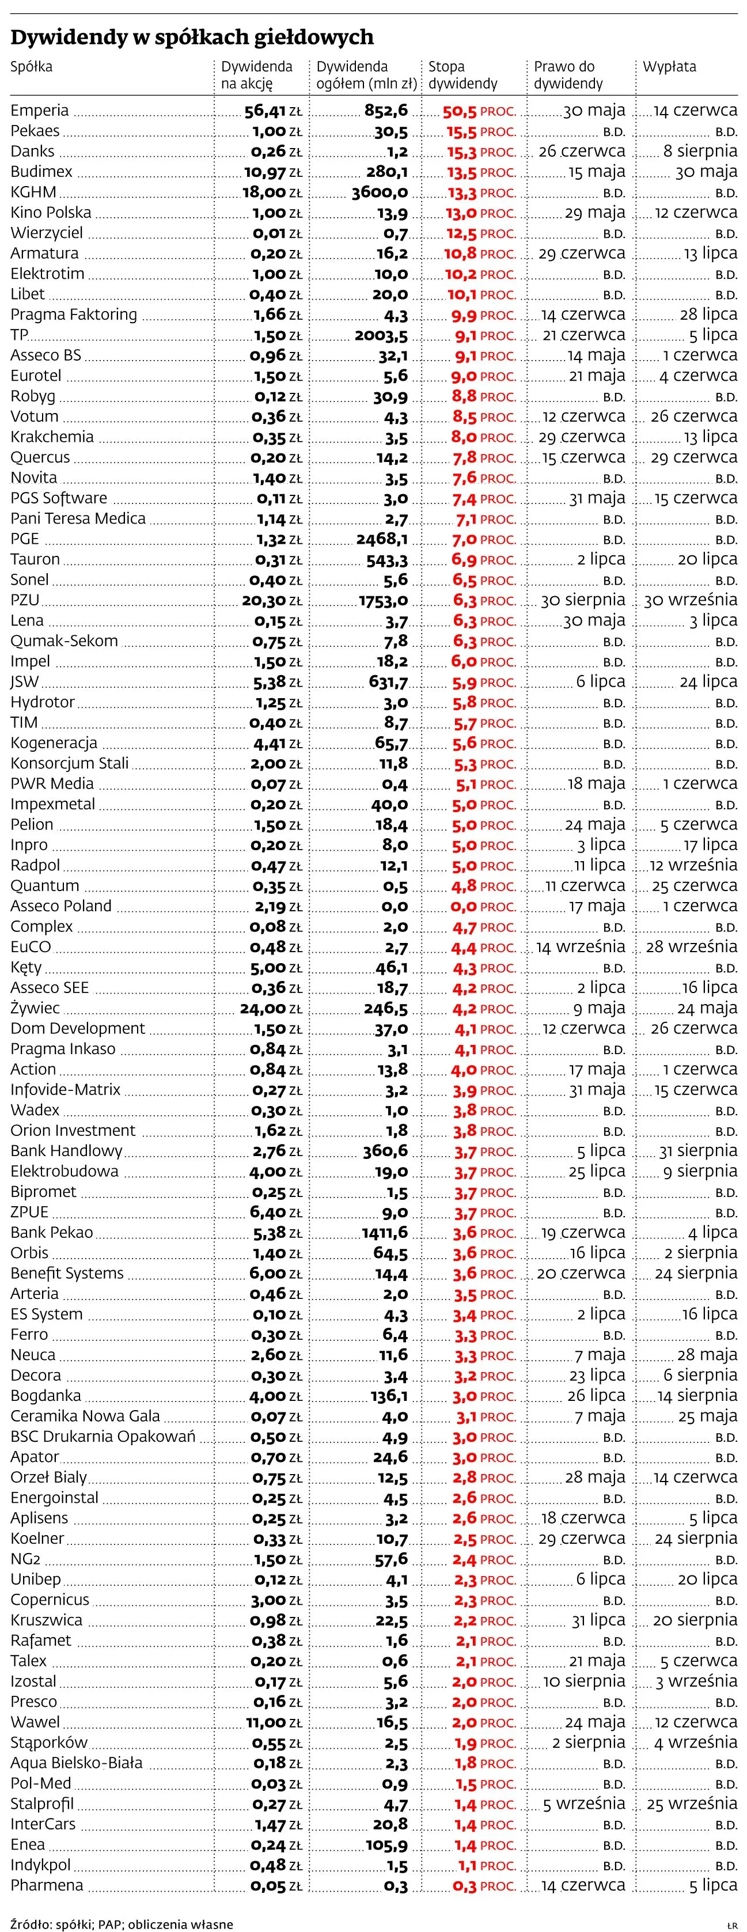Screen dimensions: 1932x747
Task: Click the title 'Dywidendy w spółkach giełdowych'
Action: click(191, 37)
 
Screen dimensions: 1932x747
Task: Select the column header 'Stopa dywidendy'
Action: click(462, 75)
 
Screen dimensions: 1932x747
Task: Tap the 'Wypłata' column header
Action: click(669, 67)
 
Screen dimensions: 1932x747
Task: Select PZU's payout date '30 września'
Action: click(690, 600)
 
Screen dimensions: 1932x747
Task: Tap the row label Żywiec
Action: click(35, 1008)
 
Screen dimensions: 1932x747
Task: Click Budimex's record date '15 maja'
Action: click(596, 172)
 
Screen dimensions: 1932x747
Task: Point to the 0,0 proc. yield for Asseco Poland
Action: click(483, 906)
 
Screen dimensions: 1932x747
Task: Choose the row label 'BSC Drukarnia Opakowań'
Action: click(103, 1436)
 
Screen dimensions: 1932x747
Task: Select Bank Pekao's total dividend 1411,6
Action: click(384, 1232)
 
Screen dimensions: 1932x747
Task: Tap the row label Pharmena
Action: click(47, 1885)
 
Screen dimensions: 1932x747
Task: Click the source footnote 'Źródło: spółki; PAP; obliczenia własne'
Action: click(122, 1918)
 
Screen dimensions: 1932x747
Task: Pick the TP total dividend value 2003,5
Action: click(381, 335)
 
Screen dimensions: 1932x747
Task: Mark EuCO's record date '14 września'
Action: click(581, 946)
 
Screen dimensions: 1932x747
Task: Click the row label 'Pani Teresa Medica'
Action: click(78, 518)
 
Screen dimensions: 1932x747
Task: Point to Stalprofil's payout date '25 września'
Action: click(692, 1803)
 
